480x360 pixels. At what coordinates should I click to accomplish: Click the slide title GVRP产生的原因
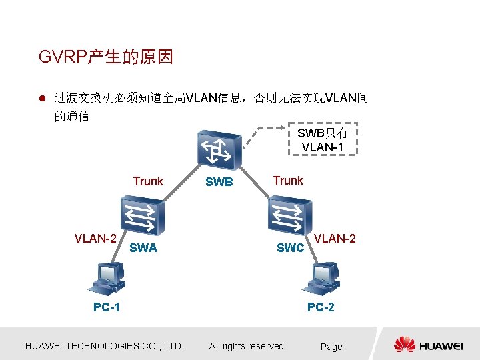pos(106,57)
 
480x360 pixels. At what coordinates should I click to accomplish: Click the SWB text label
pos(219,182)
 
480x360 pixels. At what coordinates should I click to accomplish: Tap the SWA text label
pos(143,248)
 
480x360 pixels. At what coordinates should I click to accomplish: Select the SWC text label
pos(291,248)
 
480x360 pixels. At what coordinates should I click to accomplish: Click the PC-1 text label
pos(107,307)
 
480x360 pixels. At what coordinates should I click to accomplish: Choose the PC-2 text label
pos(321,307)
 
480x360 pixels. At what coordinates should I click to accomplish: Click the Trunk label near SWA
pos(148,181)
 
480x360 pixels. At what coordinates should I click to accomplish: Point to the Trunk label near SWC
pos(288,181)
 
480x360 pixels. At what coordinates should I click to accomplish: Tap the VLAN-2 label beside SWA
pos(96,238)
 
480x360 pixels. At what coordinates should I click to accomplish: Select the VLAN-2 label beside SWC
pos(335,237)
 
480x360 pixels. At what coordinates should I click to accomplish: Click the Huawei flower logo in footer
pos(404,345)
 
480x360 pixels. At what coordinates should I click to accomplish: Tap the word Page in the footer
pos(331,347)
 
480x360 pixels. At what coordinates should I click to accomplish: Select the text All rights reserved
pos(246,346)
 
